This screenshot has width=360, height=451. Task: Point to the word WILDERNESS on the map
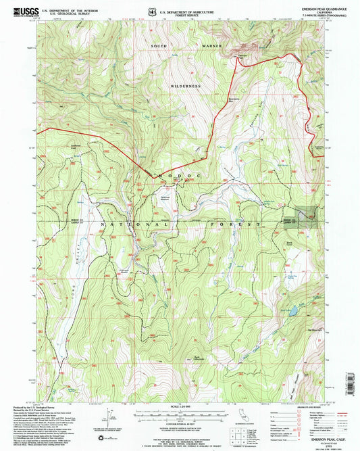click(186, 87)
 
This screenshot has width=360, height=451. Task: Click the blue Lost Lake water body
click(292, 312)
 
